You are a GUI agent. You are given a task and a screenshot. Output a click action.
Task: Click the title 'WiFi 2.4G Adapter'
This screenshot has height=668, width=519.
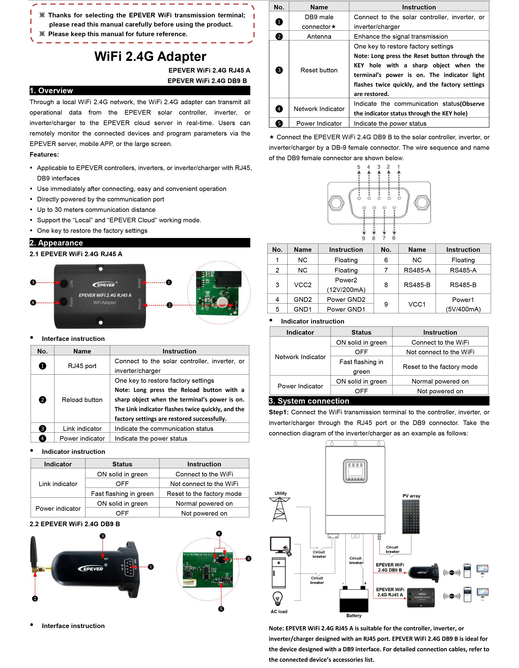pyautogui.click(x=150, y=57)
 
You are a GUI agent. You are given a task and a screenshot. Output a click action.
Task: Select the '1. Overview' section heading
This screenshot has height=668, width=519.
pyautogui.click(x=51, y=91)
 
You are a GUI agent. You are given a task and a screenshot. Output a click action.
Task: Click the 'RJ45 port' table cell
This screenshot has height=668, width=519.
pyautogui.click(x=82, y=366)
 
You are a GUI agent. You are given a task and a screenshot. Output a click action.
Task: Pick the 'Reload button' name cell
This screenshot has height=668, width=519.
pyautogui.click(x=82, y=400)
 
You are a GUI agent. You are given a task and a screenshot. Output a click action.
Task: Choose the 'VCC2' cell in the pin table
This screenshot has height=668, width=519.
pyautogui.click(x=302, y=285)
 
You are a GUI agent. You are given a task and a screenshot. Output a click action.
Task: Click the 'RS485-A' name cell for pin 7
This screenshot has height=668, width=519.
pyautogui.click(x=417, y=270)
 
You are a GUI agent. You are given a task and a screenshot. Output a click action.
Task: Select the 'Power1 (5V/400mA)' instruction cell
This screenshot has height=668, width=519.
pyautogui.click(x=463, y=304)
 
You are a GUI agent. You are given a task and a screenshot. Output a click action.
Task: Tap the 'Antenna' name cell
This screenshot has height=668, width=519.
pyautogui.click(x=319, y=36)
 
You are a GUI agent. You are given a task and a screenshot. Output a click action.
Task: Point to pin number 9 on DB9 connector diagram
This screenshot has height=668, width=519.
pyautogui.click(x=364, y=238)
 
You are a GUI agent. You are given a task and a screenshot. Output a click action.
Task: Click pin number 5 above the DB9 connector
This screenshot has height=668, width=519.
pyautogui.click(x=359, y=167)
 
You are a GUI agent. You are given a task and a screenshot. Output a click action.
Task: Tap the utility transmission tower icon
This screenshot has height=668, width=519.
pyautogui.click(x=280, y=509)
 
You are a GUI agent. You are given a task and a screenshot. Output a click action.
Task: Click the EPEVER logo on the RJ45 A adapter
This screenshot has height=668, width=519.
pyautogui.click(x=104, y=285)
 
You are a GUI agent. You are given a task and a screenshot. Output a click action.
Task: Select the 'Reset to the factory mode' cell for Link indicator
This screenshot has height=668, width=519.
pyautogui.click(x=204, y=494)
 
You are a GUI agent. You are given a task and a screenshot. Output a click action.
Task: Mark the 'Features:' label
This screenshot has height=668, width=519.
pyautogui.click(x=44, y=155)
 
